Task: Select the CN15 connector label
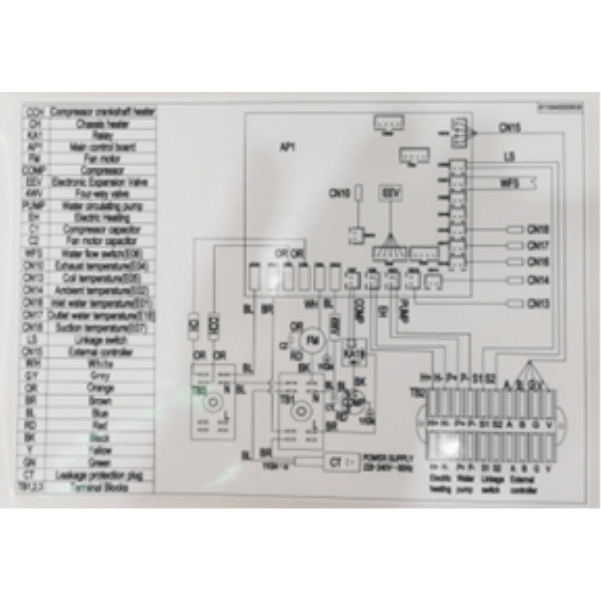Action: coord(510,128)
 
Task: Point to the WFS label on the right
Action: coord(510,183)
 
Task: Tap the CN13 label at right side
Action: coord(538,304)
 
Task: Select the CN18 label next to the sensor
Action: coord(538,230)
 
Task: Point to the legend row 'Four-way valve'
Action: coord(103,194)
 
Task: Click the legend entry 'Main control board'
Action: coord(103,147)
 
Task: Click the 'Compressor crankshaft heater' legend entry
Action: coord(103,112)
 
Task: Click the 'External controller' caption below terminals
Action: coord(522,484)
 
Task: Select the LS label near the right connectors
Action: coord(509,157)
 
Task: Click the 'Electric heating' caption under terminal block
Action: coord(441,484)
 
